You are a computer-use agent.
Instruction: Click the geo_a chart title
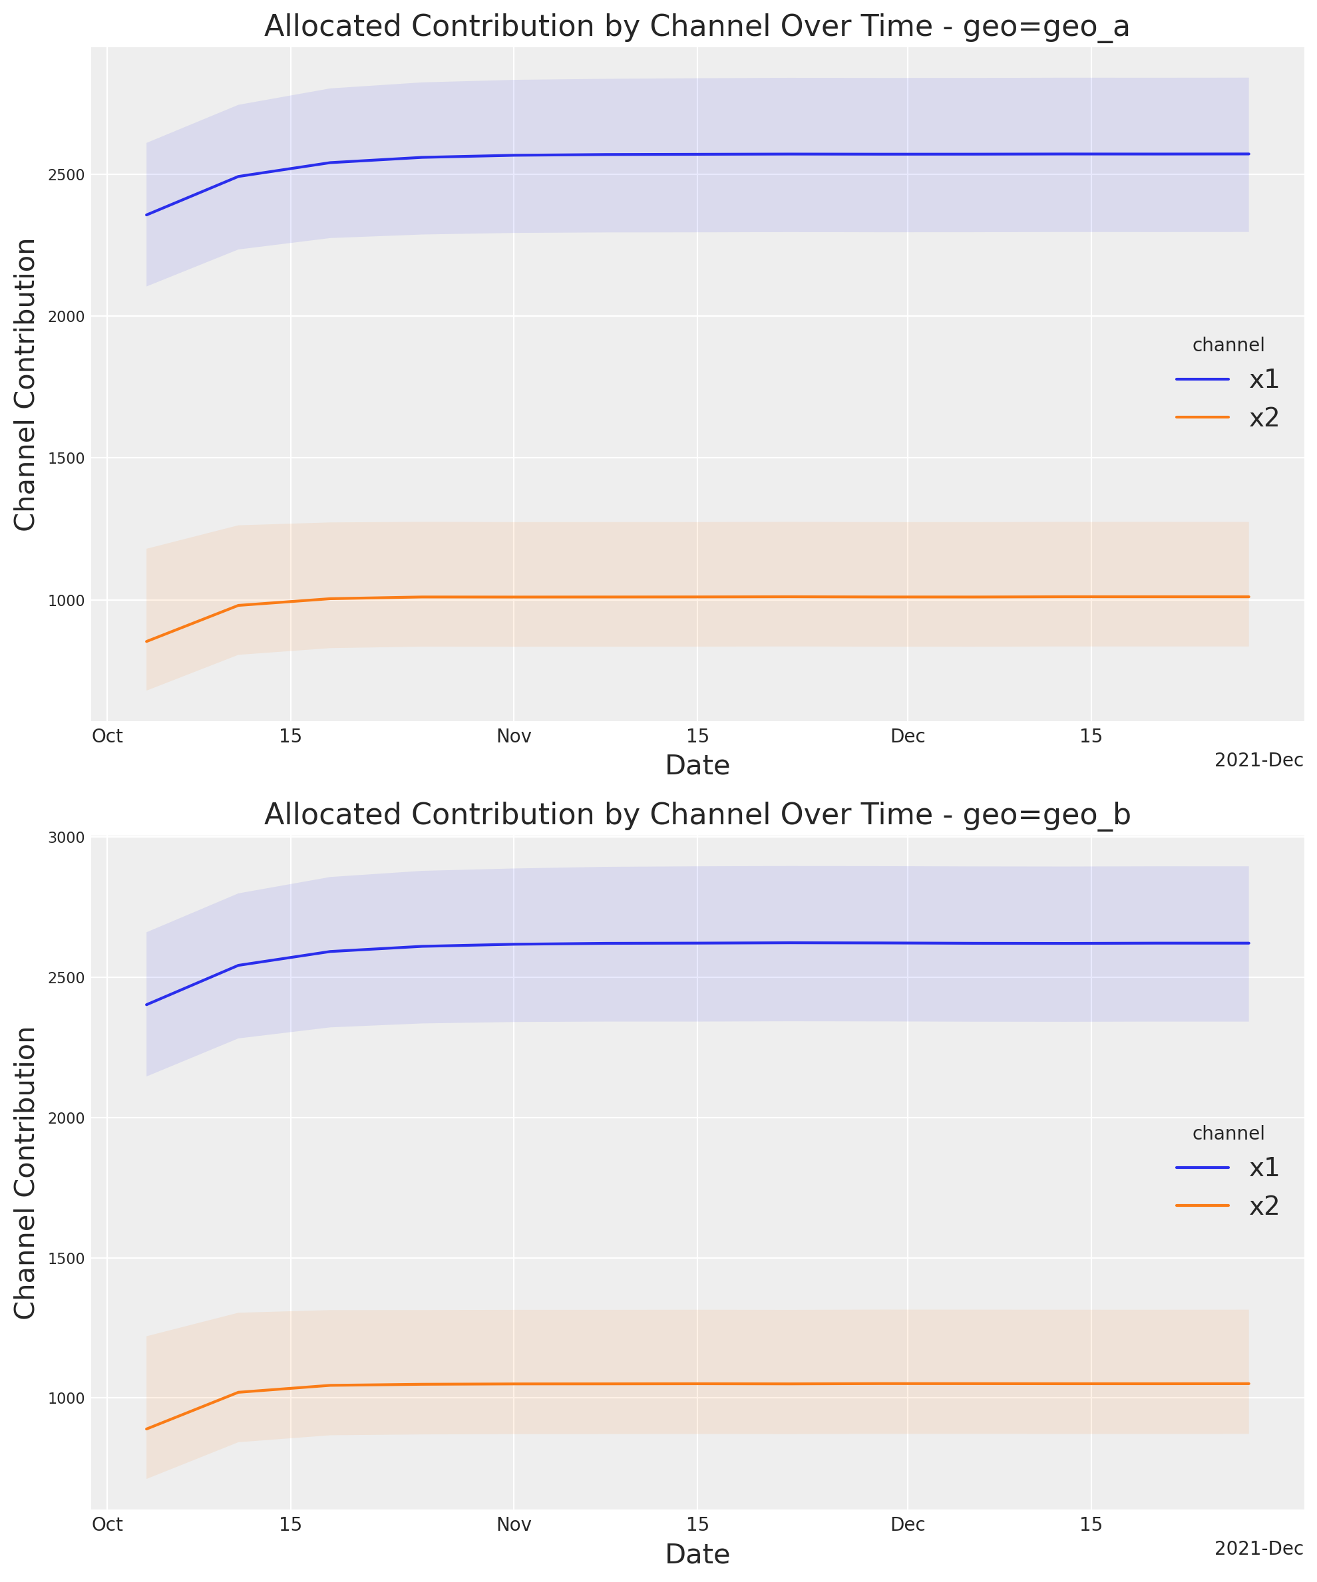pyautogui.click(x=697, y=27)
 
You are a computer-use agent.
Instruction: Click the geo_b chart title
pyautogui.click(x=697, y=814)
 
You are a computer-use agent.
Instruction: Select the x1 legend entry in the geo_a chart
pyautogui.click(x=1264, y=380)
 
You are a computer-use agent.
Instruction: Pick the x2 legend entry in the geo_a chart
pyautogui.click(x=1264, y=417)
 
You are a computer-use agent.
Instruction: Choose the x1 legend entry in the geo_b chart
pyautogui.click(x=1264, y=1168)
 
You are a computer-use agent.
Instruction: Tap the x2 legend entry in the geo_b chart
pyautogui.click(x=1264, y=1206)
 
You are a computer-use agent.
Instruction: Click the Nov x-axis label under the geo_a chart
pyautogui.click(x=514, y=736)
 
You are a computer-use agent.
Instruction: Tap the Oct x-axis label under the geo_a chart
pyautogui.click(x=108, y=736)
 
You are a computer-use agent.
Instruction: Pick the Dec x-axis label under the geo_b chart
pyautogui.click(x=908, y=1525)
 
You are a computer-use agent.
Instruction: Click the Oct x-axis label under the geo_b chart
pyautogui.click(x=108, y=1525)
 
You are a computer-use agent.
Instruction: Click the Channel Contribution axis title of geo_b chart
pyautogui.click(x=25, y=1173)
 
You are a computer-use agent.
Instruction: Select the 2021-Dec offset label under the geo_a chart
pyautogui.click(x=1258, y=761)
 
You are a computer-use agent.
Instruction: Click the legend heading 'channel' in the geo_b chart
pyautogui.click(x=1228, y=1133)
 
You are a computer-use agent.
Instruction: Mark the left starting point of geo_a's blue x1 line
pyautogui.click(x=147, y=215)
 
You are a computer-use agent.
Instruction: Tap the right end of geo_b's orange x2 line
pyautogui.click(x=1248, y=1384)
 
